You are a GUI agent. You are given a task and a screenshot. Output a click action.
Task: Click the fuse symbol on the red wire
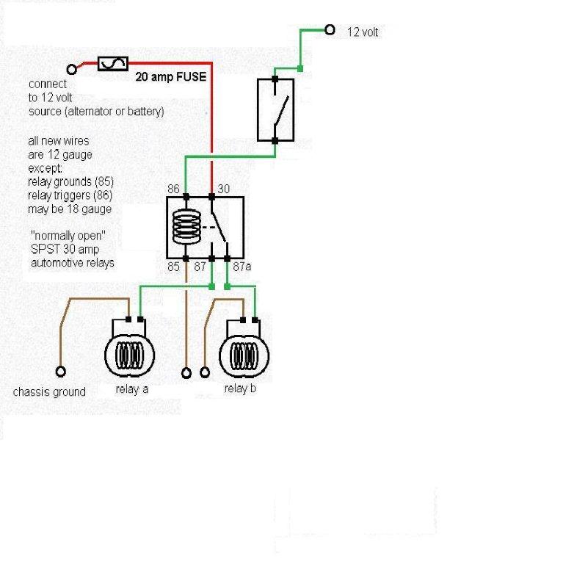[x=114, y=65]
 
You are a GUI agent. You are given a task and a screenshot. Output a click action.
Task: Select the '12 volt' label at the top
[x=363, y=32]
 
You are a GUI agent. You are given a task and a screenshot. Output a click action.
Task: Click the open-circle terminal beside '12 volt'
[x=330, y=30]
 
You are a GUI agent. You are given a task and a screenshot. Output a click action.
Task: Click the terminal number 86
[x=173, y=189]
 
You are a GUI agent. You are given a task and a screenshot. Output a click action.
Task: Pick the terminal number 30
[x=224, y=189]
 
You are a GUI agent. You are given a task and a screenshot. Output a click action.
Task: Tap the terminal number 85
[x=173, y=267]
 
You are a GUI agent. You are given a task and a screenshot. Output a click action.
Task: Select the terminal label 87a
[x=242, y=267]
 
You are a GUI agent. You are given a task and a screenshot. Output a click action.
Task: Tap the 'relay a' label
[x=132, y=389]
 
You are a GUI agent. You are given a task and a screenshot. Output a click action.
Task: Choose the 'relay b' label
[x=240, y=388]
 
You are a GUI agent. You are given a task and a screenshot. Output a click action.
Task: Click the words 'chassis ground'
[x=49, y=392]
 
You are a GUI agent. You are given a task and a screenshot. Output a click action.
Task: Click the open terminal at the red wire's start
[x=72, y=69]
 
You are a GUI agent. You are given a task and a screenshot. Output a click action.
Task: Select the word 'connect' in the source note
[x=48, y=84]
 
